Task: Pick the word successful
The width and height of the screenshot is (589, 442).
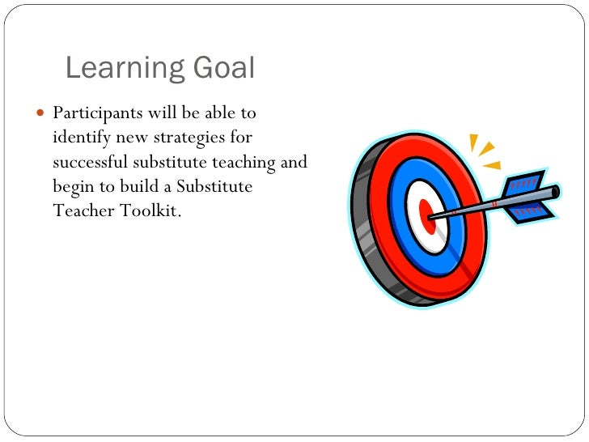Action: tap(91, 162)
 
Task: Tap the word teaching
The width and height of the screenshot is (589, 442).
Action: tap(243, 162)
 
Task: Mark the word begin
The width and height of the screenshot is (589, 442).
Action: tap(74, 187)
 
